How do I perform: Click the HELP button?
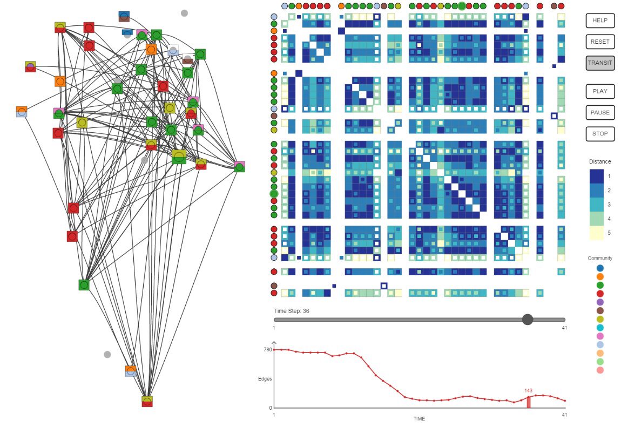pos(600,20)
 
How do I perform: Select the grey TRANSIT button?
pos(600,63)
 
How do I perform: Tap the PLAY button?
pos(600,91)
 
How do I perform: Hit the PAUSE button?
pos(600,112)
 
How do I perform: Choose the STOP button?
pos(600,133)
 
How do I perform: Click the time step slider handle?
pos(528,320)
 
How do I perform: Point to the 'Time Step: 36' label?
pos(291,311)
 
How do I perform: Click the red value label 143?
pos(528,391)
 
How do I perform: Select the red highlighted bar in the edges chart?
pos(529,402)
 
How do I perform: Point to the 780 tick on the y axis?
pos(267,350)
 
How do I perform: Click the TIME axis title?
pos(419,419)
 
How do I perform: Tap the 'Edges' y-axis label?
pos(265,379)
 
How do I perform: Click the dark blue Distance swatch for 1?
pos(596,176)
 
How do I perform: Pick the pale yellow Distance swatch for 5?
pos(596,233)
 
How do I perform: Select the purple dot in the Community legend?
pos(600,302)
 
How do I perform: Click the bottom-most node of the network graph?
pos(147,401)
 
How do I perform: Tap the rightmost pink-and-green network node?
pos(239,166)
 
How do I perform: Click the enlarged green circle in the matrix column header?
pos(462,6)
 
